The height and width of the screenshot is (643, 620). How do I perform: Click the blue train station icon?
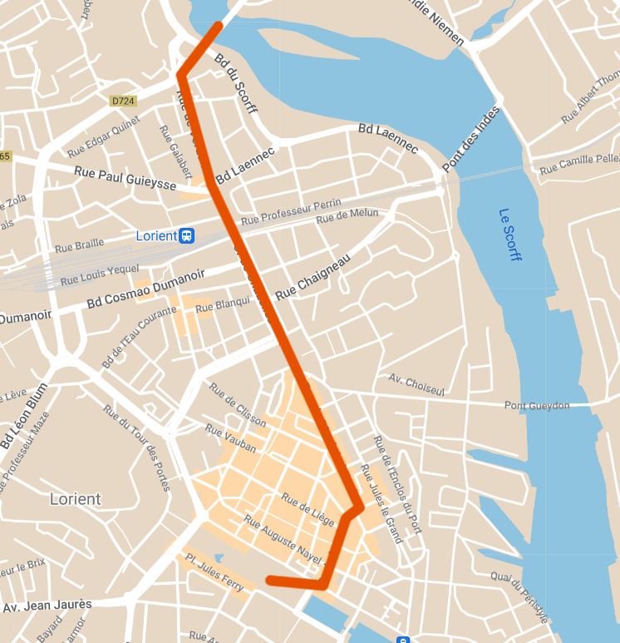[189, 235]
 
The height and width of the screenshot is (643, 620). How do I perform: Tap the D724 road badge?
[122, 101]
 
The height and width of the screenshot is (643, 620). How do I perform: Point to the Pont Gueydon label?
[537, 405]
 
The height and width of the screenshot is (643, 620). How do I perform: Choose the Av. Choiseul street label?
[416, 384]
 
